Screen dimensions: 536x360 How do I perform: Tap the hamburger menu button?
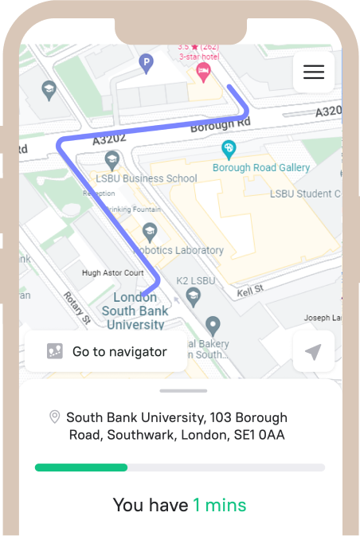click(x=314, y=72)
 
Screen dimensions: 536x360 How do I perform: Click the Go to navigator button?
click(x=106, y=351)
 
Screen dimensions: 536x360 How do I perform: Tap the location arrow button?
click(x=313, y=352)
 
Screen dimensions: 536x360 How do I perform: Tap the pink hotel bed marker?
click(x=203, y=73)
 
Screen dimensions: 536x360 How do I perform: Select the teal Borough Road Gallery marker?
click(x=229, y=149)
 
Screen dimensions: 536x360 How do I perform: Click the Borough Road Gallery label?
click(x=260, y=168)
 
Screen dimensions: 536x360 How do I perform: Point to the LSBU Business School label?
click(x=146, y=178)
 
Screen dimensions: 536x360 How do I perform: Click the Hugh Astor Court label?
click(x=112, y=273)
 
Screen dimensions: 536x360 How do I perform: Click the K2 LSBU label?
click(x=195, y=281)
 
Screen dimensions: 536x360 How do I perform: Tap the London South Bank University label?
click(x=135, y=311)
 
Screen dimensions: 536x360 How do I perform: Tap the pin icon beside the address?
click(x=54, y=417)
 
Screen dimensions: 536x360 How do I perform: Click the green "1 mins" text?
click(x=219, y=505)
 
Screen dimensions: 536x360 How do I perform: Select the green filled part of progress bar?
click(x=80, y=468)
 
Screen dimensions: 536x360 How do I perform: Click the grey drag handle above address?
click(x=183, y=391)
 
